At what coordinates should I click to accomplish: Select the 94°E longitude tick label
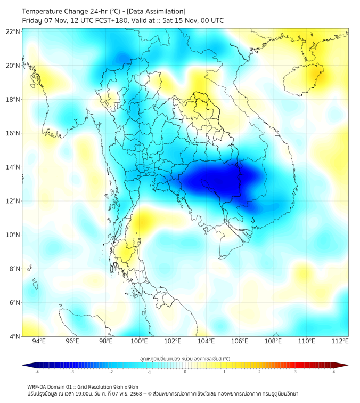[39, 341]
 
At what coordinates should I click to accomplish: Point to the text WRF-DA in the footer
[38, 387]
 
